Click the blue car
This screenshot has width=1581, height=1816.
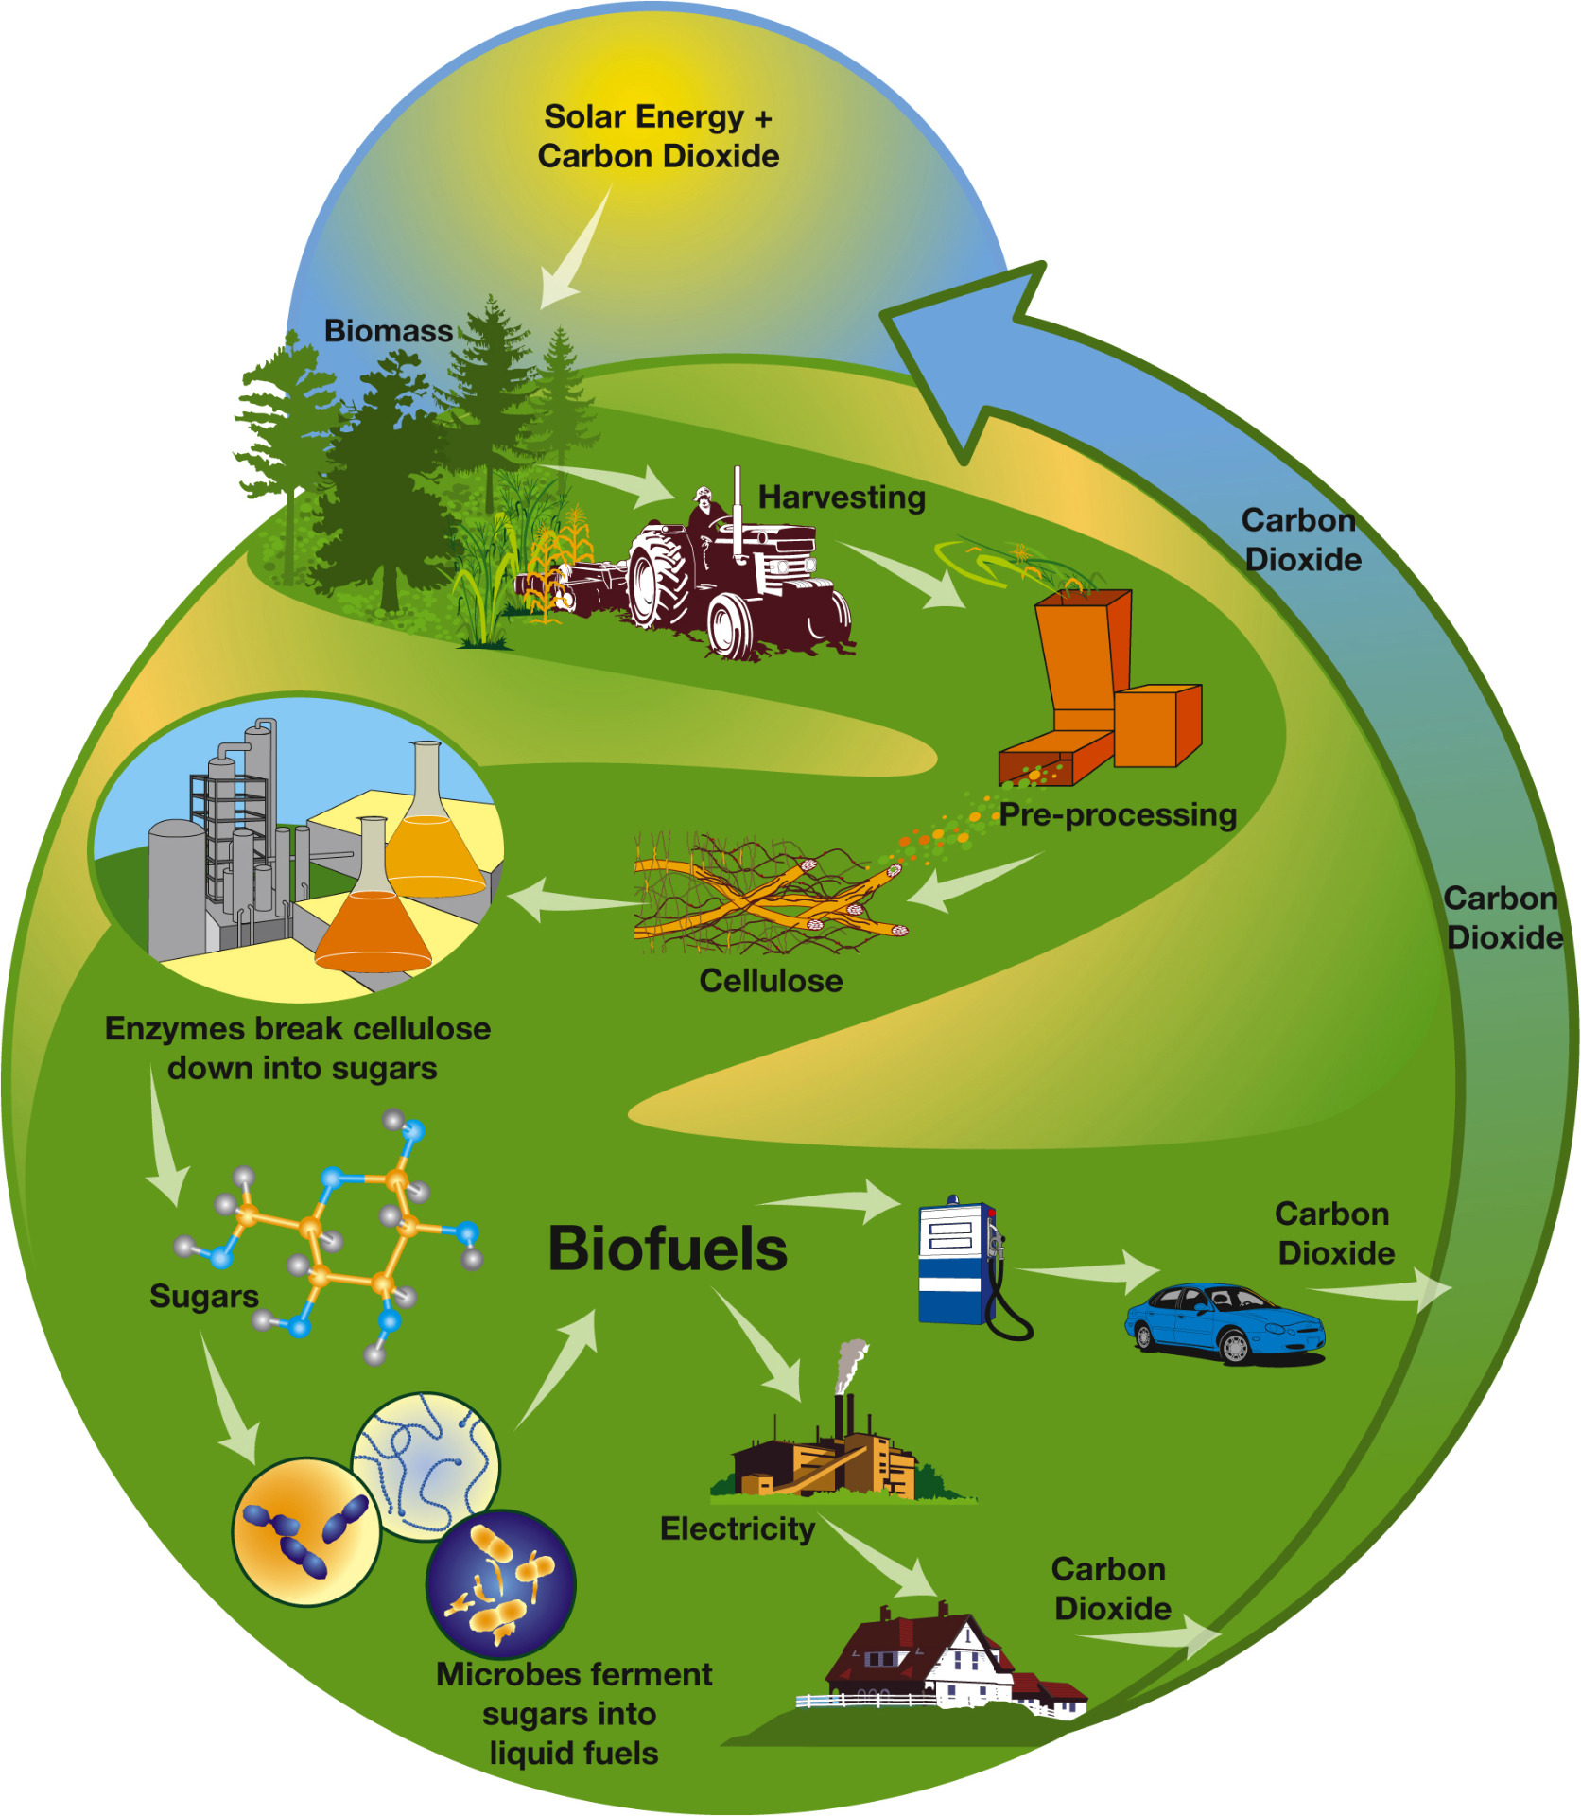point(1225,1322)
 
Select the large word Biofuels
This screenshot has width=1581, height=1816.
point(668,1248)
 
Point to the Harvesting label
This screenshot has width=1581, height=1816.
point(842,498)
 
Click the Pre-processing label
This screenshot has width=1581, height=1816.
point(1119,814)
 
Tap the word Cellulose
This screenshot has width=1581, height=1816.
point(771,981)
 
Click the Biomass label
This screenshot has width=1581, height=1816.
point(389,331)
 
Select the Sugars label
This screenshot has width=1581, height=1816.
point(204,1297)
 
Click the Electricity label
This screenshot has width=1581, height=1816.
point(738,1529)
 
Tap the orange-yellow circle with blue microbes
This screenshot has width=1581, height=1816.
point(306,1533)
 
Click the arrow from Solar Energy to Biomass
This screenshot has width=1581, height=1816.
point(576,247)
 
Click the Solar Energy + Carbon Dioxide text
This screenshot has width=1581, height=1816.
point(658,136)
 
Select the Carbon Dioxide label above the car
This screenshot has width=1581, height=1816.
point(1334,1233)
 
